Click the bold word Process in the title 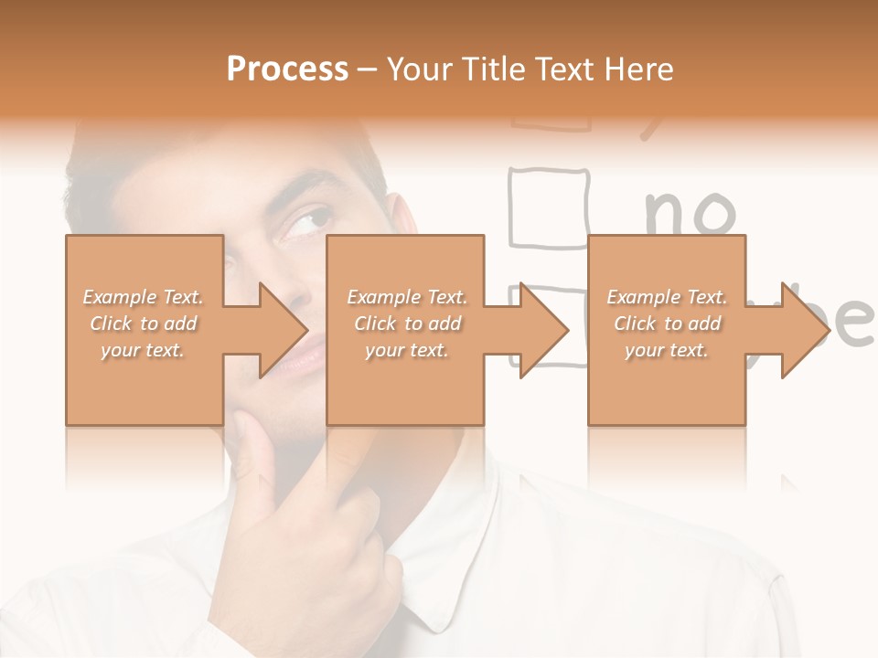(287, 69)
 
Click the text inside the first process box (144, 324)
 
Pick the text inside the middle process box (406, 324)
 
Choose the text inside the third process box (667, 324)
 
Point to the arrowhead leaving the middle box (541, 330)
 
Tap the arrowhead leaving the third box (803, 330)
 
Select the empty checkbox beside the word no (548, 207)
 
